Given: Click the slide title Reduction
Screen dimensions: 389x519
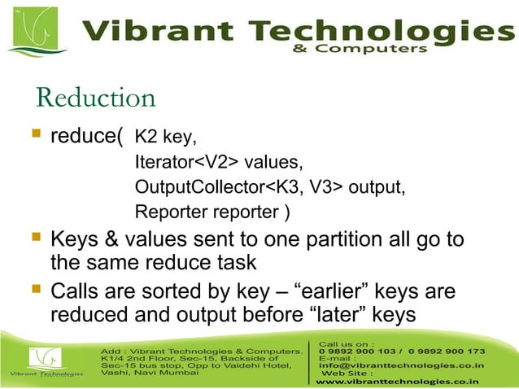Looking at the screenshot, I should point(95,98).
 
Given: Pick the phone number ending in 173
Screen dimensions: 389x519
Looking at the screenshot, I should point(448,351).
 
